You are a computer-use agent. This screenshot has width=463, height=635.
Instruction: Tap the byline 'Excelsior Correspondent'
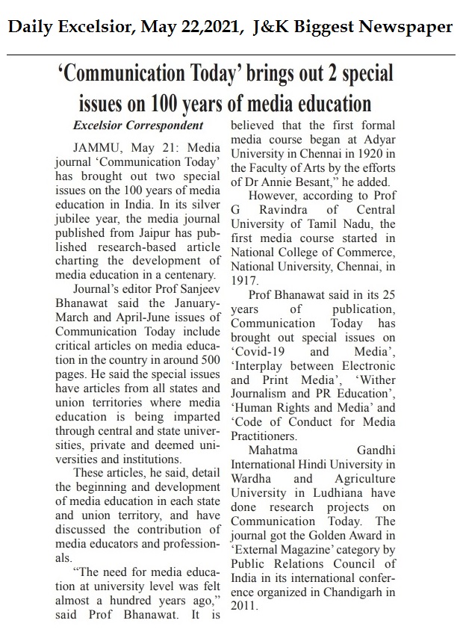coord(137,125)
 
